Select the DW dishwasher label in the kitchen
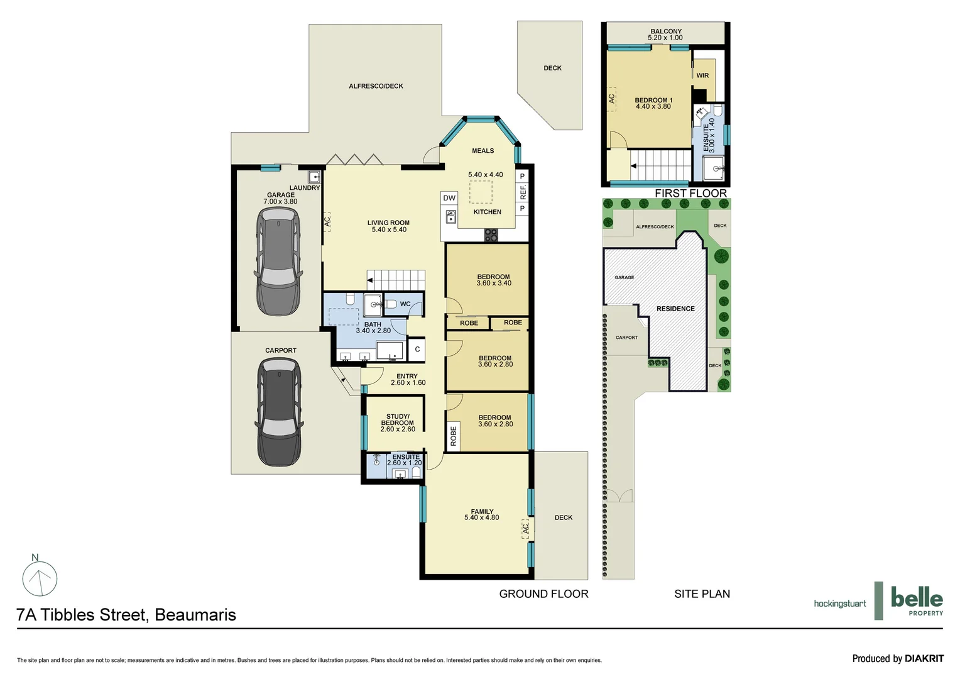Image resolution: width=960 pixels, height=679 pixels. pyautogui.click(x=449, y=198)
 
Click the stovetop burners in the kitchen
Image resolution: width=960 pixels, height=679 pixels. pyautogui.click(x=491, y=235)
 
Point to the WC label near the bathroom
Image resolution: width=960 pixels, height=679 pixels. pyautogui.click(x=405, y=304)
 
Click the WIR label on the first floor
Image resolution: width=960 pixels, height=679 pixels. pyautogui.click(x=702, y=75)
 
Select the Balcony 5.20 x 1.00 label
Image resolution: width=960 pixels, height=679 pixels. pyautogui.click(x=665, y=35)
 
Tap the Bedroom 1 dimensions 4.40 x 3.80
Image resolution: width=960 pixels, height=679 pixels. pyautogui.click(x=653, y=107)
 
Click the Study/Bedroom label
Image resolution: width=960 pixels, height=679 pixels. pyautogui.click(x=398, y=420)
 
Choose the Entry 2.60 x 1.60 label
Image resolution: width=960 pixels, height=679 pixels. pyautogui.click(x=408, y=380)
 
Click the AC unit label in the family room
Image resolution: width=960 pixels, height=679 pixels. pyautogui.click(x=526, y=528)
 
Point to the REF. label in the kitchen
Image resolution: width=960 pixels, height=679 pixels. pyautogui.click(x=523, y=192)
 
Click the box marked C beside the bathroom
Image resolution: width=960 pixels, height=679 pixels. pyautogui.click(x=417, y=350)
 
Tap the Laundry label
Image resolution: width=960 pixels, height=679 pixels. pyautogui.click(x=305, y=188)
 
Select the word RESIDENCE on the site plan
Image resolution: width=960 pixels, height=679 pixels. pyautogui.click(x=675, y=309)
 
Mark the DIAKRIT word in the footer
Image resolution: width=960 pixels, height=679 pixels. pyautogui.click(x=924, y=659)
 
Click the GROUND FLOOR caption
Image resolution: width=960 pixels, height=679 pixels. pyautogui.click(x=543, y=593)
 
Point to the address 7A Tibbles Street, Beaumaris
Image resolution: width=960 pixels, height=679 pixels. pyautogui.click(x=126, y=615)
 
